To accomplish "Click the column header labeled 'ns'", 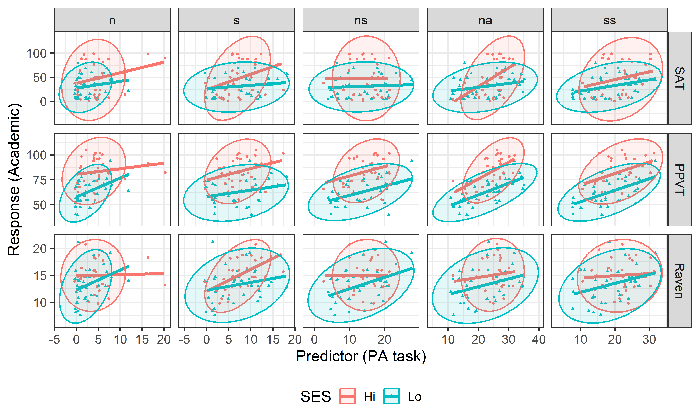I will click(361, 20).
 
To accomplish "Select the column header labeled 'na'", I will click(485, 20).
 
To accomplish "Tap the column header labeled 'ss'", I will click(610, 20).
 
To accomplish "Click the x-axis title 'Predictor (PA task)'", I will click(361, 356).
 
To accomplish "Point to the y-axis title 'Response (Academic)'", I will click(14, 179).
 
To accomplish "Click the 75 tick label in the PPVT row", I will click(40, 180).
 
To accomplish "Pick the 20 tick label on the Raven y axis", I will click(40, 249).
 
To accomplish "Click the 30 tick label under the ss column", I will click(649, 339).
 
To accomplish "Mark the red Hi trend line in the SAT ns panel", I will click(357, 78).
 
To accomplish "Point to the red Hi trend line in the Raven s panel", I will click(243, 272).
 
